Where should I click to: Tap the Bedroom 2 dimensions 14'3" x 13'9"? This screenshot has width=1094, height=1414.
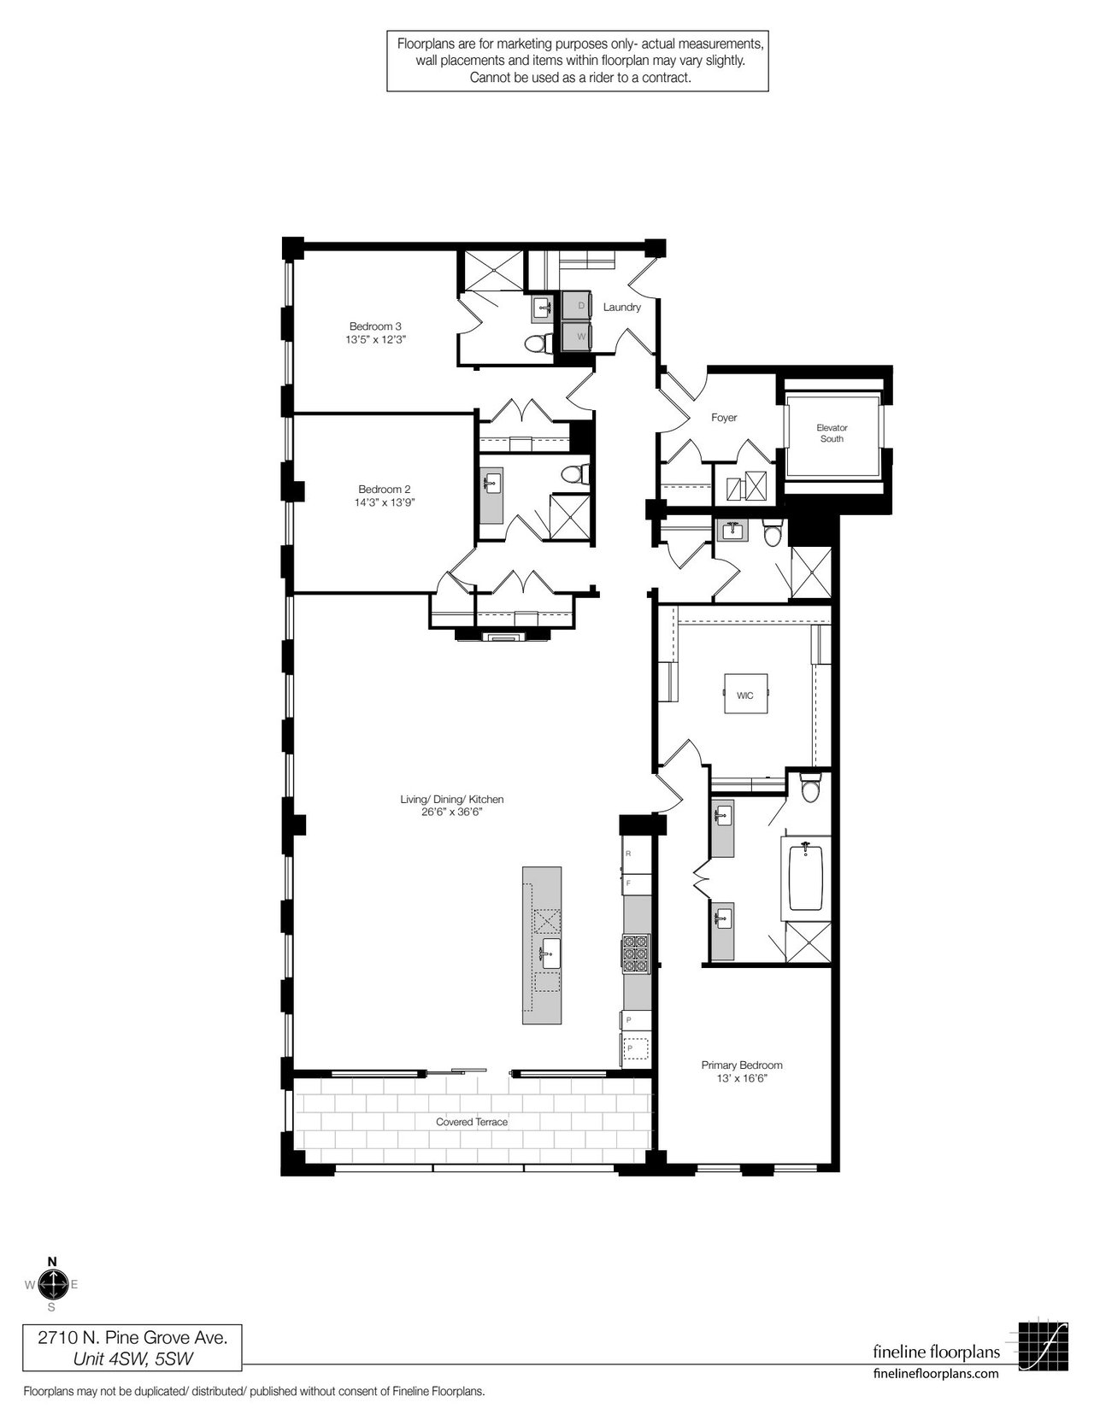[x=385, y=502]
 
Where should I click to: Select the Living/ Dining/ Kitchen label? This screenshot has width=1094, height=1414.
[x=451, y=800]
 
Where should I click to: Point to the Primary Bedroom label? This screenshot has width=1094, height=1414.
[x=741, y=1065]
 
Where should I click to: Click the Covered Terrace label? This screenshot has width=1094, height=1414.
[x=471, y=1122]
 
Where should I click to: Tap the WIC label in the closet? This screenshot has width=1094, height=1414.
[x=744, y=695]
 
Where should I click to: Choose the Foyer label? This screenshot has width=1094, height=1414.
[x=724, y=418]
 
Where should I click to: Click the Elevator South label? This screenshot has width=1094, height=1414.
[x=832, y=433]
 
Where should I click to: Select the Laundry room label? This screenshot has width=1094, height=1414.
[x=621, y=307]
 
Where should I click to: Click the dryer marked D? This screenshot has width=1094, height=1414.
[x=577, y=305]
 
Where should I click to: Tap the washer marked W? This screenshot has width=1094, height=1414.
[x=577, y=336]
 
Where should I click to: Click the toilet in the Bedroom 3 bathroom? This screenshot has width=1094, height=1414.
[x=538, y=343]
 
